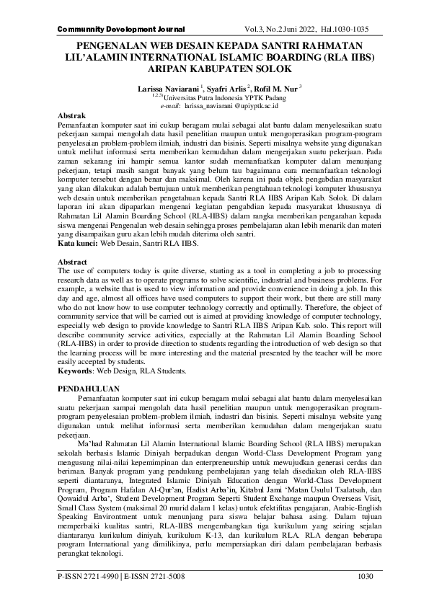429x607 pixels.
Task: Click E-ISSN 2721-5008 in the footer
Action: pos(155,577)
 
